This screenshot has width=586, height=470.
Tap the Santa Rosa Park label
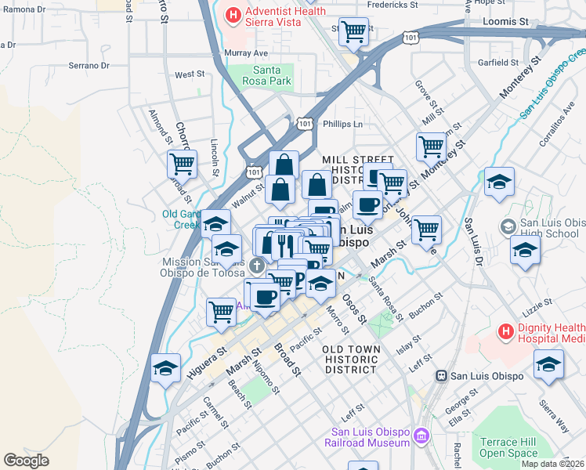tap(265, 75)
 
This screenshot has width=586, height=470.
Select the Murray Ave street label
tap(246, 52)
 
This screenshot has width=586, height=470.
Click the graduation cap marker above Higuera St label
tap(166, 368)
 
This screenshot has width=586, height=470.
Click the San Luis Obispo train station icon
tap(442, 375)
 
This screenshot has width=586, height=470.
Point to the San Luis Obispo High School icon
tap(508, 226)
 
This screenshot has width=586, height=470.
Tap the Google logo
tap(27, 461)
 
